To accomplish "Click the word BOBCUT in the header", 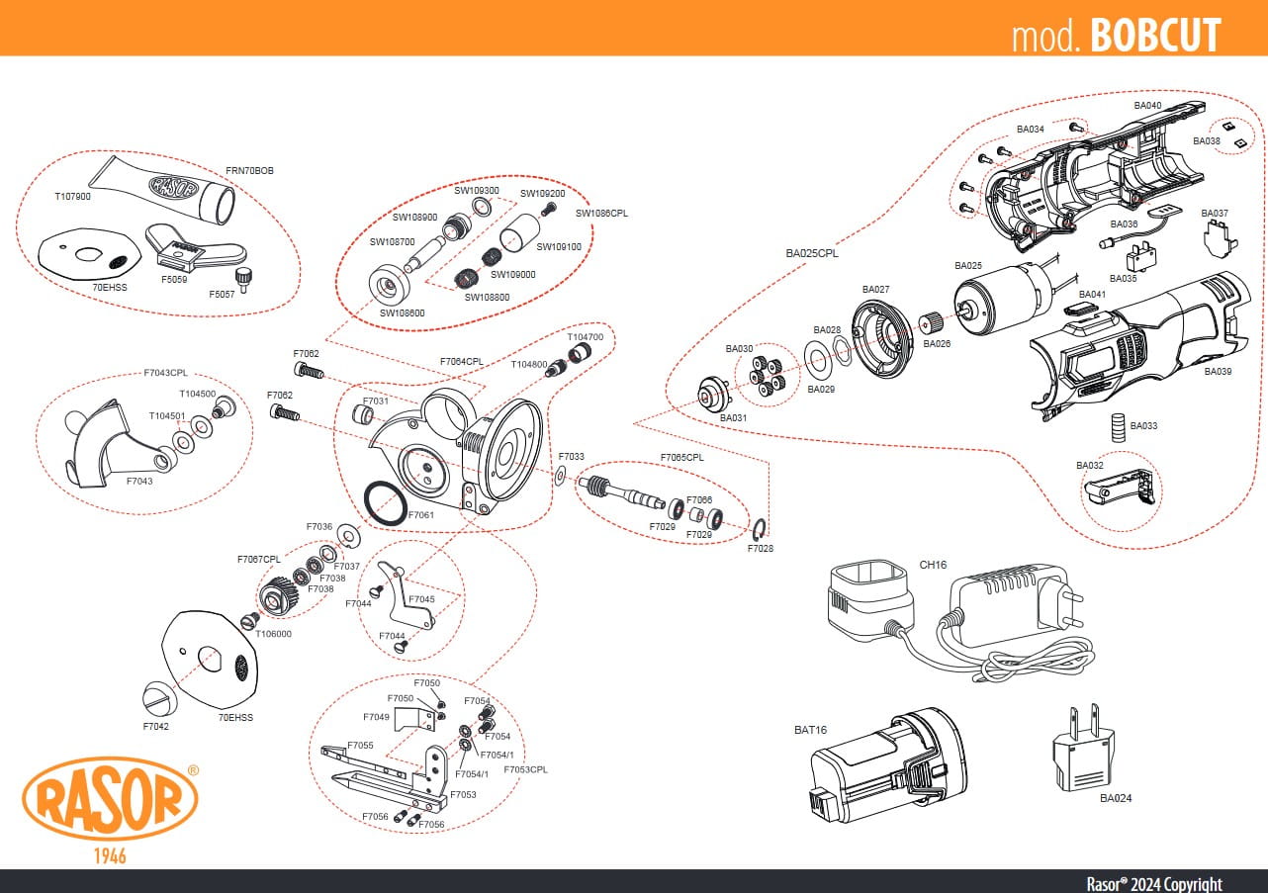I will (1155, 36).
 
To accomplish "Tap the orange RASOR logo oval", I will (110, 799).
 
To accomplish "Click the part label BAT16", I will (810, 730).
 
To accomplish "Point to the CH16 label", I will (933, 565).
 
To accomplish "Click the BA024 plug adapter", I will (1083, 748).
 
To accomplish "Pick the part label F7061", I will (420, 515).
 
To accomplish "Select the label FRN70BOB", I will (249, 170).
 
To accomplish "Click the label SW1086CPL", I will (601, 213).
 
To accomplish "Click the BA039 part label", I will (1218, 372).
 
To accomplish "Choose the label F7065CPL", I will (682, 458).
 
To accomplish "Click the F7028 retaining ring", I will (761, 529).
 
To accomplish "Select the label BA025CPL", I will (812, 253).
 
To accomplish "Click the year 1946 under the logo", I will (110, 855).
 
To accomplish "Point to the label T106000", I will (274, 634).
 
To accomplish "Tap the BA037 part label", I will (1215, 213).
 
